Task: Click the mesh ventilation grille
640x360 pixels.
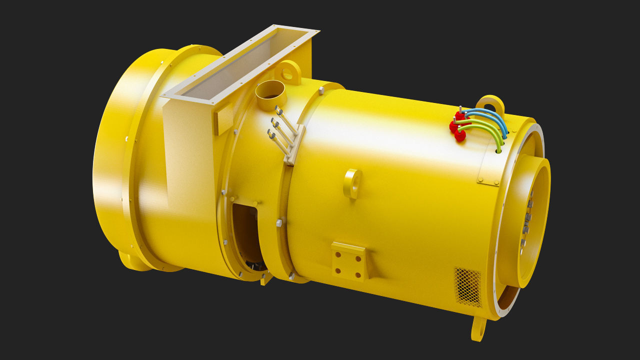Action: point(467,286)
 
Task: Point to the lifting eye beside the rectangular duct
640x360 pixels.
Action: point(288,73)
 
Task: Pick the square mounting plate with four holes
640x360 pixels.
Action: point(348,260)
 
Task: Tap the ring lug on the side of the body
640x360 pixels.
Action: point(353,183)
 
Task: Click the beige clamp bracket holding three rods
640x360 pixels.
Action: point(294,145)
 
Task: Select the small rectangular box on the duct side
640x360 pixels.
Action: point(223,119)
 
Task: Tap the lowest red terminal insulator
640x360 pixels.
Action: point(460,135)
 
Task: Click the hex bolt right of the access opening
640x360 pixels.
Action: point(279,222)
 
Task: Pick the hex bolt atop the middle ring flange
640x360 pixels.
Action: point(321,90)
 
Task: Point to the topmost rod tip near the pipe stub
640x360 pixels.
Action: point(278,108)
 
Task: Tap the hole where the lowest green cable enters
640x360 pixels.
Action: point(498,149)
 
